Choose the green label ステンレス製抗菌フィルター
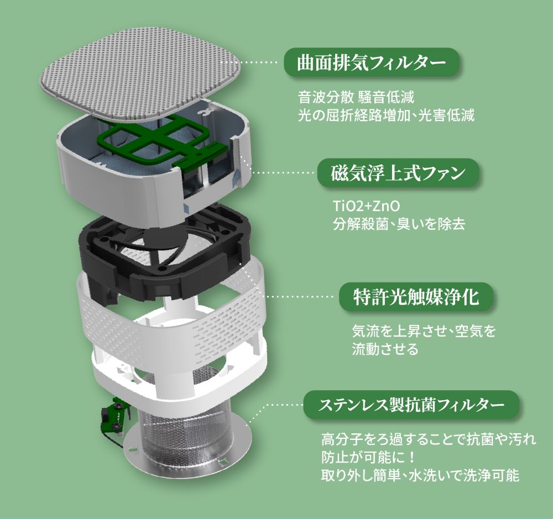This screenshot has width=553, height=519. click(411, 405)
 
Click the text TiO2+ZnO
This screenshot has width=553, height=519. click(362, 207)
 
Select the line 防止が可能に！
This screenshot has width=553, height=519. click(367, 458)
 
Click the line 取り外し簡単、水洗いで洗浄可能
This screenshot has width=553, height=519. click(420, 475)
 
